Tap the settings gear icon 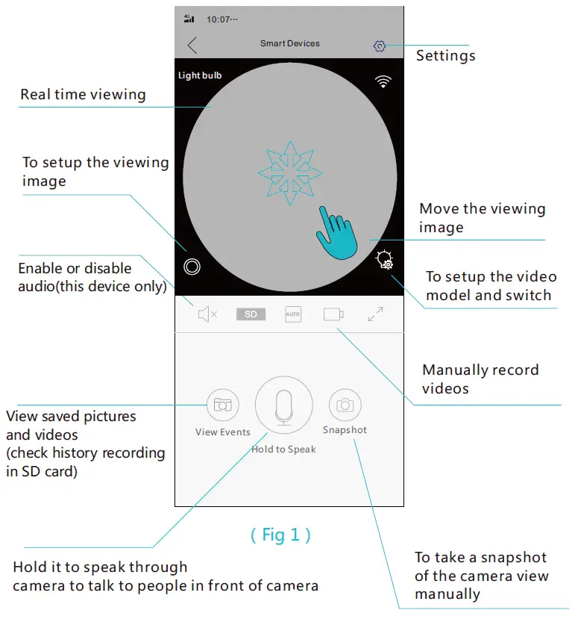pyautogui.click(x=379, y=46)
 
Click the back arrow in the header pyautogui.click(x=192, y=46)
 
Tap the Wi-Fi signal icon pyautogui.click(x=383, y=82)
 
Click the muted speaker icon pyautogui.click(x=207, y=314)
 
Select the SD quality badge pyautogui.click(x=251, y=314)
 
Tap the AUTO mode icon pyautogui.click(x=293, y=314)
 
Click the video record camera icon pyautogui.click(x=333, y=314)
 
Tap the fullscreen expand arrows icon pyautogui.click(x=375, y=314)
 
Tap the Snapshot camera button pyautogui.click(x=345, y=405)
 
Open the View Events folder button pyautogui.click(x=222, y=405)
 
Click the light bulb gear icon pyautogui.click(x=385, y=261)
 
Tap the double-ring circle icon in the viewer pyautogui.click(x=192, y=266)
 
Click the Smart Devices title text pyautogui.click(x=289, y=43)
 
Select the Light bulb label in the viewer pyautogui.click(x=200, y=75)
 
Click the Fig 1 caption pyautogui.click(x=280, y=535)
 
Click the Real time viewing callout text pyautogui.click(x=83, y=94)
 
